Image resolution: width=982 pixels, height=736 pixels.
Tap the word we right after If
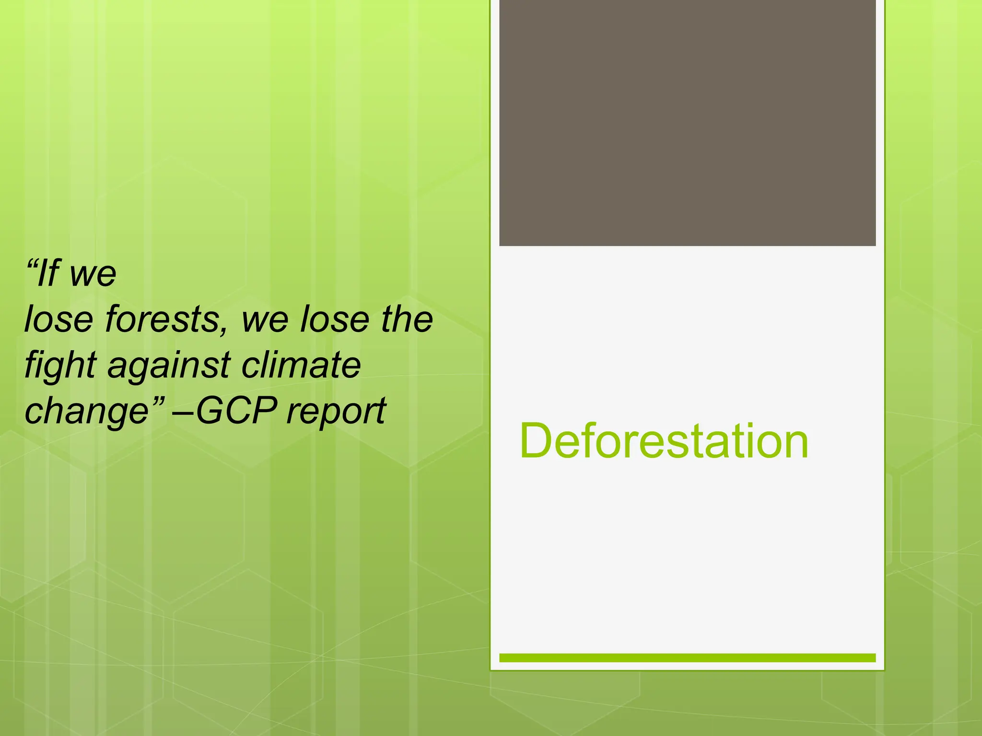coord(93,275)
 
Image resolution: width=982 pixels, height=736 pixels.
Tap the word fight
coord(60,366)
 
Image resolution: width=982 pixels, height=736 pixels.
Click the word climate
coord(301,365)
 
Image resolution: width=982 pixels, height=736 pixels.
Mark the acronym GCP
coord(236,411)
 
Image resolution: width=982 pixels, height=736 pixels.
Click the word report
coord(336,413)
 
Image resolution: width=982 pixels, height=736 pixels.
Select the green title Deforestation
coord(664,441)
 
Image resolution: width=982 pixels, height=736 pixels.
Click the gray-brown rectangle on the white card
coord(687,123)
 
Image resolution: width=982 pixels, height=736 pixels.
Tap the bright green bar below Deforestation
coord(687,658)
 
